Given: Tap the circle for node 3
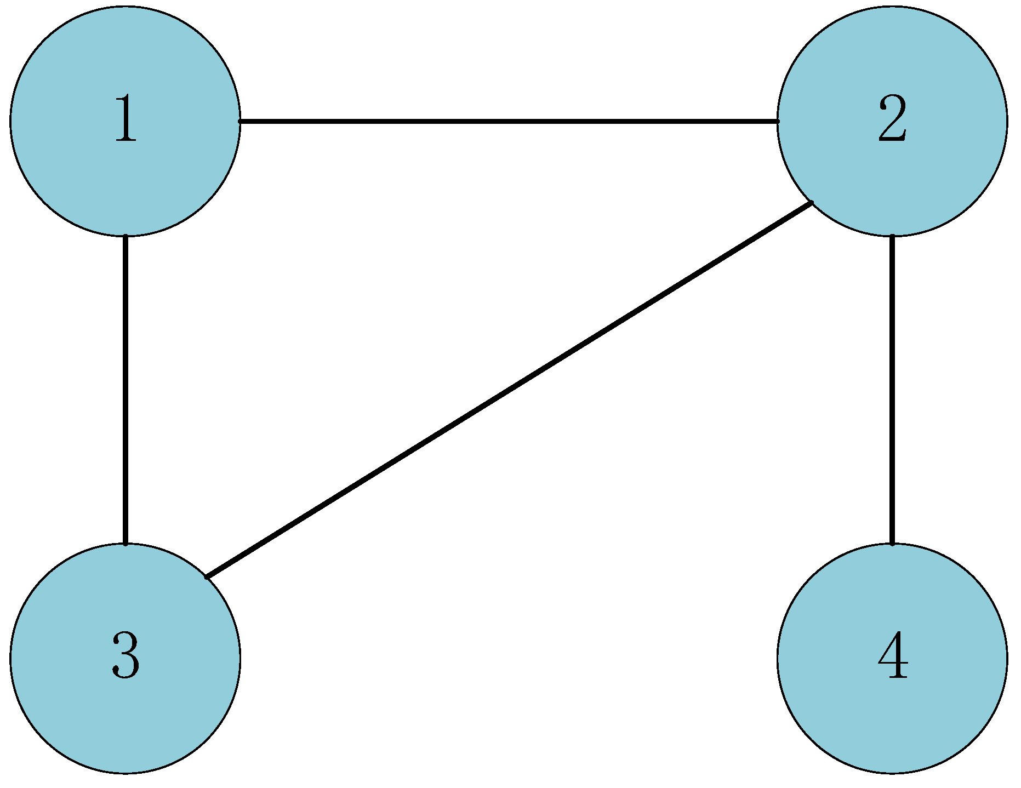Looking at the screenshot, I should click(125, 712).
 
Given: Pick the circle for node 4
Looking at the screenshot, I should click(892, 712).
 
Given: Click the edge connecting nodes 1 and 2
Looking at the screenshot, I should click(509, 121).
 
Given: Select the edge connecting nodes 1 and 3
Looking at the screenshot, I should click(126, 390).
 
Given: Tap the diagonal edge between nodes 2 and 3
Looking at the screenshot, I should click(509, 390).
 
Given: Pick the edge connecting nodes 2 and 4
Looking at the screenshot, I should click(892, 390).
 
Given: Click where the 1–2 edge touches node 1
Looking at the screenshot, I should click(240, 121).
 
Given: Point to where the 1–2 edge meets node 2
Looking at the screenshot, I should click(778, 121).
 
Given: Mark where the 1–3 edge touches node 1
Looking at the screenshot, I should click(126, 236).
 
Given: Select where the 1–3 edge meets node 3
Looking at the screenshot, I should click(126, 544).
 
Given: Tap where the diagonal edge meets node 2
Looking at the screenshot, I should click(812, 203).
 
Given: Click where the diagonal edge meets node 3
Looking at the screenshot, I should click(206, 576).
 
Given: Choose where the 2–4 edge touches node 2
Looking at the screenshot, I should click(892, 236).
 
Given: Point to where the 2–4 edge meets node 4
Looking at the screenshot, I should click(892, 544).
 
